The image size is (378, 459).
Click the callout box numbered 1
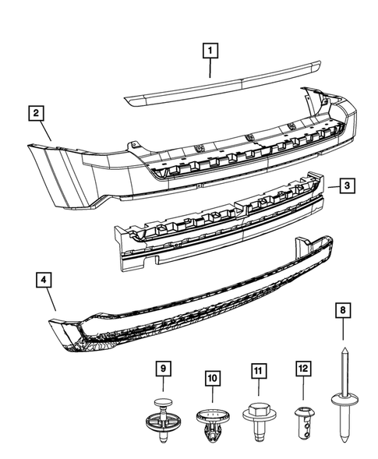(209, 52)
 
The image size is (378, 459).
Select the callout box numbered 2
(37, 114)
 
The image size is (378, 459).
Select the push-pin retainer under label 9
(163, 420)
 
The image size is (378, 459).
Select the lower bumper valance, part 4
(195, 304)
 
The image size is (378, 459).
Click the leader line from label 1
(209, 68)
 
